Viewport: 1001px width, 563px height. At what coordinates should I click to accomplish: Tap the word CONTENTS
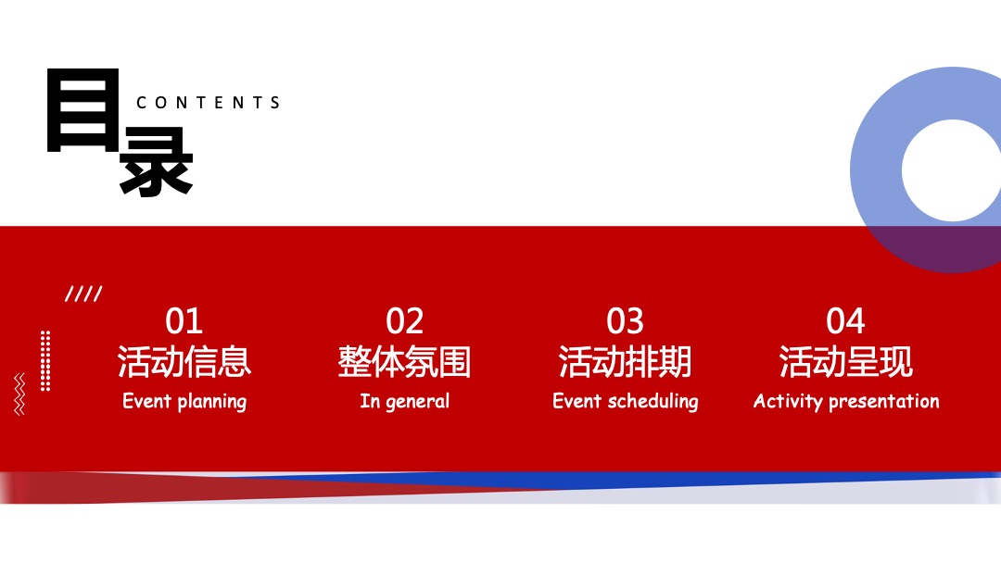pos(209,103)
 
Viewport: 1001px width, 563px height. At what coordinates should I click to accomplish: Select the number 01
pos(184,321)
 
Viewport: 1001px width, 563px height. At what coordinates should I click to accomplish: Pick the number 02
pos(404,321)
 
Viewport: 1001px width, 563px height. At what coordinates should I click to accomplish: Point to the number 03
pos(625,321)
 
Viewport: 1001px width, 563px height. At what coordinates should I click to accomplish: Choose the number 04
pos(845,321)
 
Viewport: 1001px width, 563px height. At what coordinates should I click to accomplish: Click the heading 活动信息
pos(184,361)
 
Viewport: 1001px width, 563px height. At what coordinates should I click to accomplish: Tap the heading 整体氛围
pos(404,361)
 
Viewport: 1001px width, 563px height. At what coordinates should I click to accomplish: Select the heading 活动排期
pos(625,361)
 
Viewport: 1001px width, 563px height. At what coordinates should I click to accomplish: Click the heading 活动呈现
pos(845,361)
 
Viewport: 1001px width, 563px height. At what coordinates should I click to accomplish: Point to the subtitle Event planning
pos(184,402)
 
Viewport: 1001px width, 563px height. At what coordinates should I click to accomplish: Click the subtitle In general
pos(404,402)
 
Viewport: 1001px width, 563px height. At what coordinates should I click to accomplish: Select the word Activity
pos(788,401)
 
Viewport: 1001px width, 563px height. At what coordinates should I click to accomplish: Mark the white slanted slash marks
pos(83,294)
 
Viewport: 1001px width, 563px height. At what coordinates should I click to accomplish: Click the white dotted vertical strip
pos(45,360)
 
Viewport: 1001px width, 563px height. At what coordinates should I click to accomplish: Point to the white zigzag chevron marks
pos(19,394)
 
